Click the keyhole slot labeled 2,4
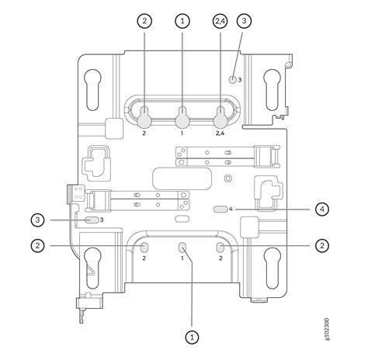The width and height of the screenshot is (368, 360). point(220,117)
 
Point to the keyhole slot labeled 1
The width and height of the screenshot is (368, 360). point(182,117)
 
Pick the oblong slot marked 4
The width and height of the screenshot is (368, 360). point(220,209)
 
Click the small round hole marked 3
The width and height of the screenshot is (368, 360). point(232,79)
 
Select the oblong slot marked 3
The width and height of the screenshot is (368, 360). point(92,220)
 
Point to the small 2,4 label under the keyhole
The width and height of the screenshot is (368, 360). point(220,133)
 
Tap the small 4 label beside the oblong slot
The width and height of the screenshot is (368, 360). point(231,209)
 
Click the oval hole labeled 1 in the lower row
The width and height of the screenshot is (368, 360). point(183,247)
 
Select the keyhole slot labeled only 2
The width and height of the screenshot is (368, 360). point(145,117)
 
